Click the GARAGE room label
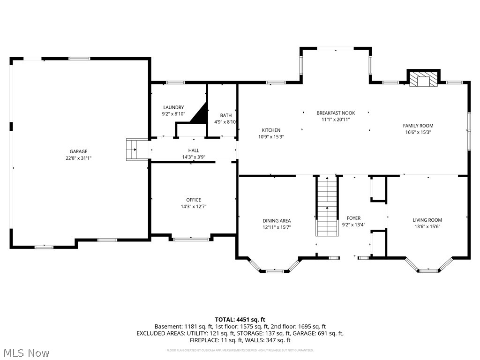pyautogui.click(x=79, y=151)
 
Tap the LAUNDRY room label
pyautogui.click(x=173, y=107)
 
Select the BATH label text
pyautogui.click(x=226, y=115)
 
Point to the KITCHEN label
pyautogui.click(x=271, y=130)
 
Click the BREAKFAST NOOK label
pyautogui.click(x=336, y=113)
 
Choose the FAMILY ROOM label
pyautogui.click(x=418, y=126)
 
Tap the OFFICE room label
pyautogui.click(x=194, y=200)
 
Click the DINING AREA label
pyautogui.click(x=277, y=220)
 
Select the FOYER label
pyautogui.click(x=353, y=218)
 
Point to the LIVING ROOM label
pyautogui.click(x=427, y=220)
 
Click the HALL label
pyautogui.click(x=194, y=150)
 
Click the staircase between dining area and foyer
pyautogui.click(x=327, y=206)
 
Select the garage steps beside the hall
pyautogui.click(x=132, y=150)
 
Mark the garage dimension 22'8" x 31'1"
pyautogui.click(x=79, y=158)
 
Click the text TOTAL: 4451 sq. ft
pyautogui.click(x=240, y=320)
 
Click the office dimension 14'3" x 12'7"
pyautogui.click(x=194, y=206)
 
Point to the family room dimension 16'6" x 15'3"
pyautogui.click(x=418, y=132)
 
